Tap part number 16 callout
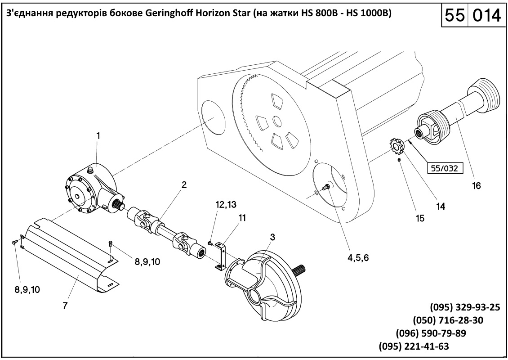coord(476,185)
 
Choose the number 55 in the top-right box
coord(455,16)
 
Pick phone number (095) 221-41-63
coord(414,346)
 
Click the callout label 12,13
coord(226,205)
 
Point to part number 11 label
coord(242,218)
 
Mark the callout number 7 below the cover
coord(65,306)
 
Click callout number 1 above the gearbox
coord(98,135)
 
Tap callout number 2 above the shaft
coord(184,185)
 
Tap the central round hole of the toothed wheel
coord(277,121)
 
